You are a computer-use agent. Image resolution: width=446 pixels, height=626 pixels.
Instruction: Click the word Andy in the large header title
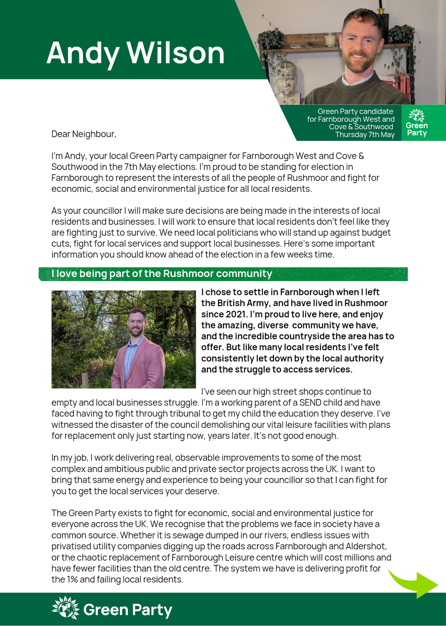click(83, 53)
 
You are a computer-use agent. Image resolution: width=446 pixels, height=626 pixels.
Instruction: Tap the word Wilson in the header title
click(176, 53)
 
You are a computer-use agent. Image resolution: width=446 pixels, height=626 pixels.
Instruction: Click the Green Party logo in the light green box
click(417, 123)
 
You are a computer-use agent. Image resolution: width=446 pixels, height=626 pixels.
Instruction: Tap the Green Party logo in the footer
click(112, 609)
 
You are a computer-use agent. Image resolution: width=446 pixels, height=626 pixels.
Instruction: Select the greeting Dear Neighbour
click(84, 134)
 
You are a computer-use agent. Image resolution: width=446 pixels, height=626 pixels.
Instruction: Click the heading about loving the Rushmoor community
click(161, 274)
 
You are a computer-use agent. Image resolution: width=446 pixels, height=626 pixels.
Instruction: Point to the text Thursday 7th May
click(365, 135)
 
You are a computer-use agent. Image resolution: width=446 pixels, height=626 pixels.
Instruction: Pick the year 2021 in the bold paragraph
click(237, 314)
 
